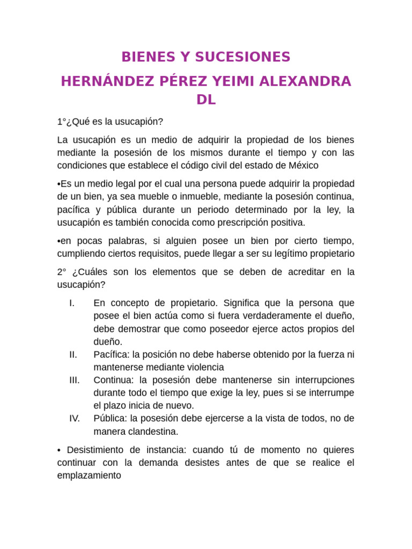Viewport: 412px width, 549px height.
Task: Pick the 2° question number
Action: tap(62, 272)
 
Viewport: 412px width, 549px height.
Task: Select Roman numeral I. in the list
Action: tap(72, 303)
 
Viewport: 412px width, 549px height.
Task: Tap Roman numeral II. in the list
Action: tap(73, 354)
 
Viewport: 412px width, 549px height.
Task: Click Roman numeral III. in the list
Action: tap(75, 380)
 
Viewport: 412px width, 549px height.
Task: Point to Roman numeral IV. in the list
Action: tap(75, 418)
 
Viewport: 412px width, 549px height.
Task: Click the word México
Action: tap(304, 165)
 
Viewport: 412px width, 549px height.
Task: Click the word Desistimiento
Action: tap(94, 449)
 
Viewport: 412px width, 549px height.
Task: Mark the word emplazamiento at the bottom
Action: tap(89, 475)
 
